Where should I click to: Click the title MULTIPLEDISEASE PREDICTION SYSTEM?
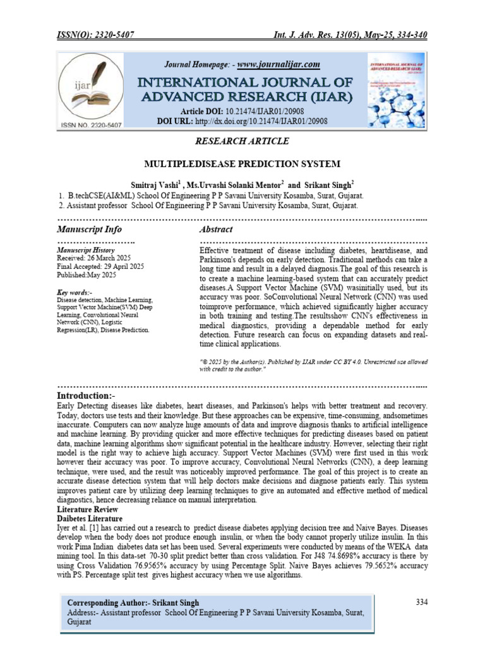point(242,164)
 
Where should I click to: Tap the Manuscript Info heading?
point(90,229)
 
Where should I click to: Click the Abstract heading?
point(216,229)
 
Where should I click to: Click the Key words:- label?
point(75,293)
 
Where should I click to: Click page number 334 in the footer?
point(422,602)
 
